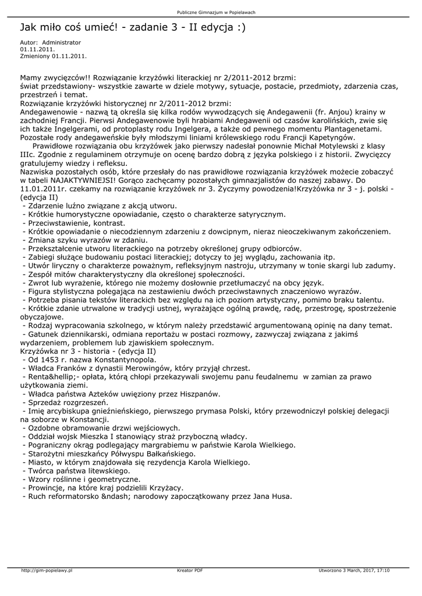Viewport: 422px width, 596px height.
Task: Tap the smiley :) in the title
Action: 239,27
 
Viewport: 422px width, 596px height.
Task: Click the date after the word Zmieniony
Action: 69,56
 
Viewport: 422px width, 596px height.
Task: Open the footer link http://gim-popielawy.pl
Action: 47,570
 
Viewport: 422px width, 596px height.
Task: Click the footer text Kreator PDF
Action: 190,570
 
